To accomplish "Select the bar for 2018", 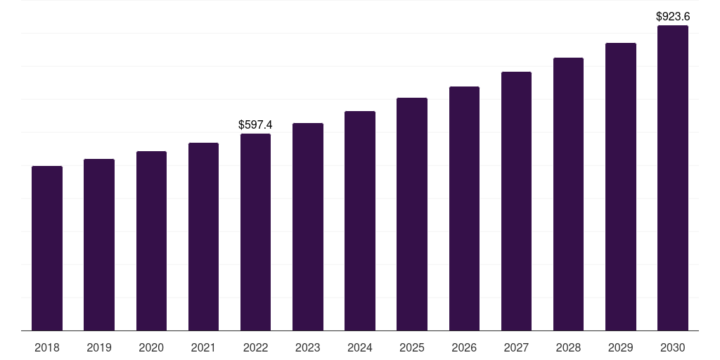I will coord(47,248).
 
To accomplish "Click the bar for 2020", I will coord(151,240).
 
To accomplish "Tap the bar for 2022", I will coord(255,232).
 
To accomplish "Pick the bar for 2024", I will coord(360,221).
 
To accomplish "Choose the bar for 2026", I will coord(464,208).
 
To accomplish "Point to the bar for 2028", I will coord(568,194).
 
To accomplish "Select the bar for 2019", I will coord(99,245).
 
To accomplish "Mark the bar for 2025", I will coord(412,214).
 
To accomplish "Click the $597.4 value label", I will coord(255,124).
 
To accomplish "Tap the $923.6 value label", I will coord(673,16).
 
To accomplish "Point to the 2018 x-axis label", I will coord(47,347).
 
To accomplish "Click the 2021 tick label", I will coord(203,347).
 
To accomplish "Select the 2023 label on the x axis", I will coord(308,347).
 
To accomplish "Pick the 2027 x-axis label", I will coord(516,347).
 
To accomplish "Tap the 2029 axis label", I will coord(620,347).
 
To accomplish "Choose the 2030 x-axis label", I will coord(672,347).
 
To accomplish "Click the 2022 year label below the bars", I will coord(255,347).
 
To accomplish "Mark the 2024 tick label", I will coord(360,347).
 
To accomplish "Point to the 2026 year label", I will coord(464,347).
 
